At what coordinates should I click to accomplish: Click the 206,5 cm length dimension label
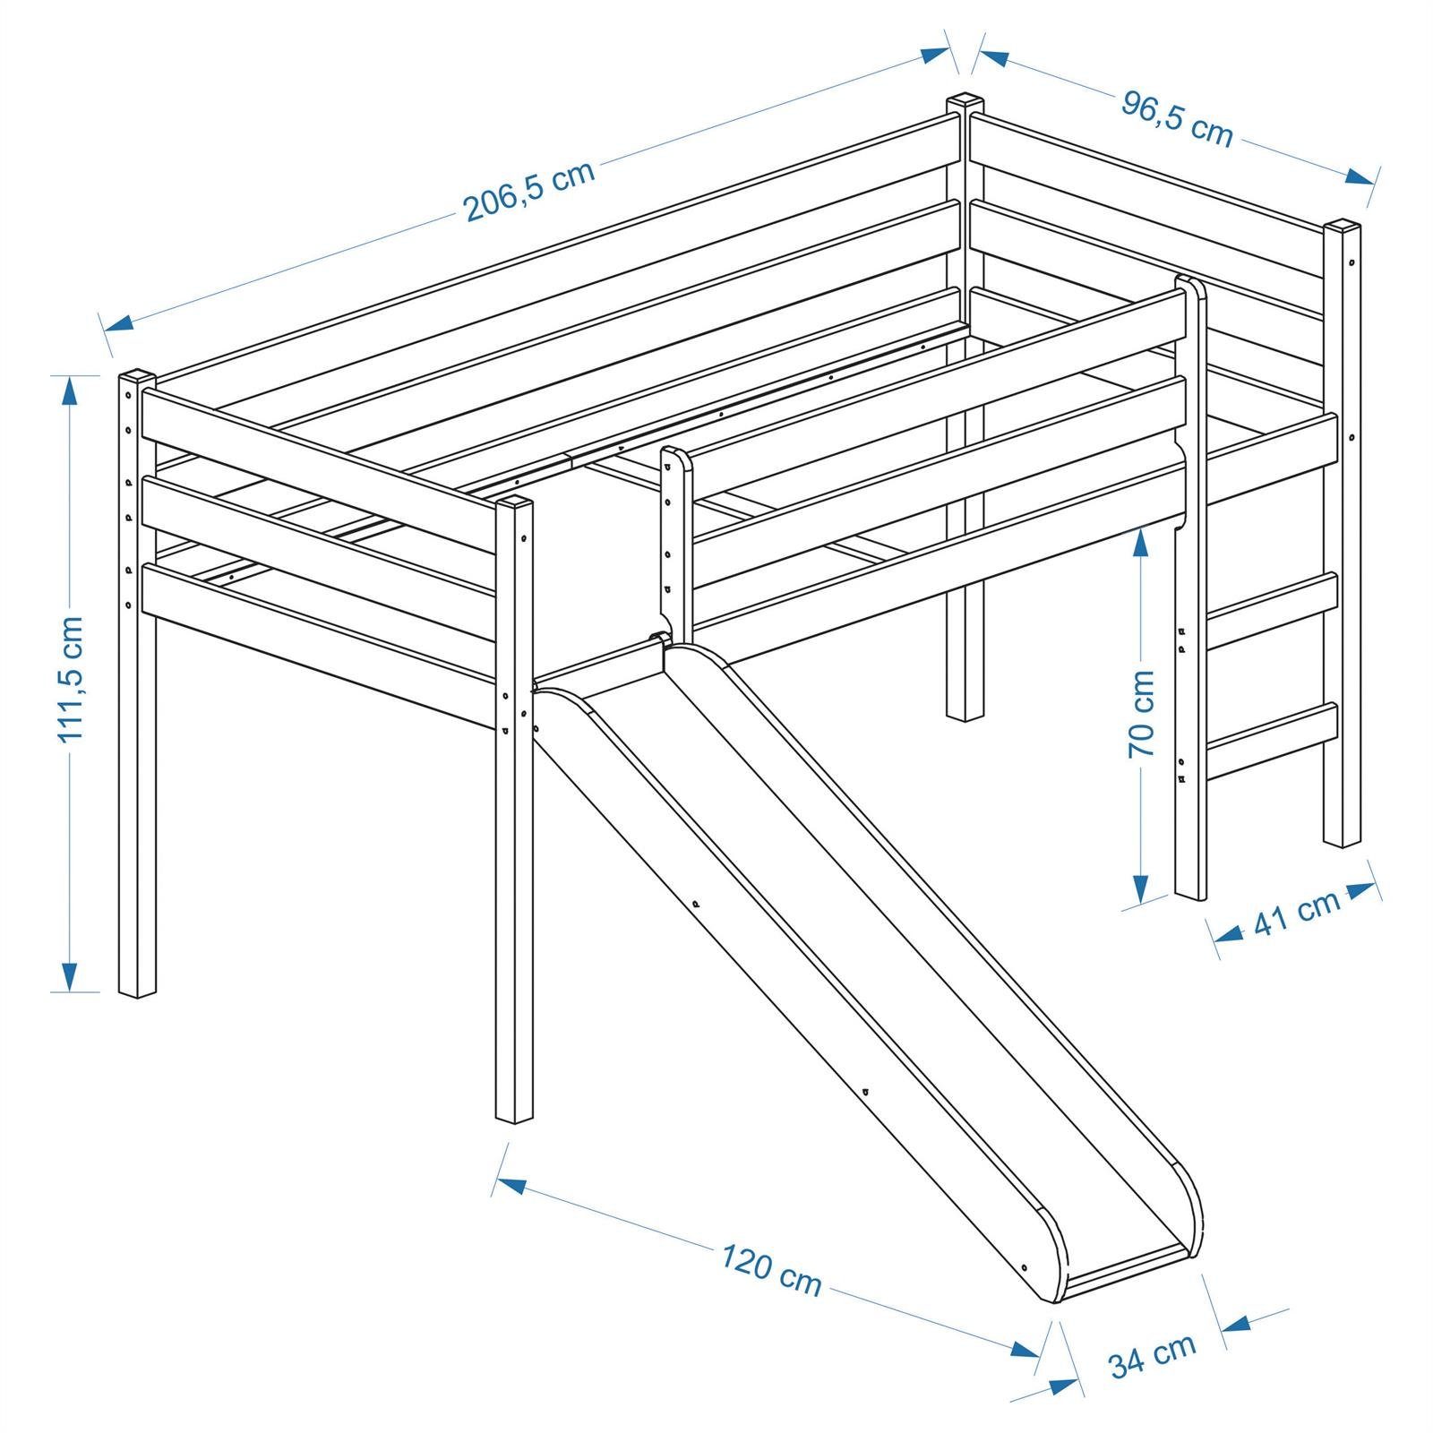point(529,192)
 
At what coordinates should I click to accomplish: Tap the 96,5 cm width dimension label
point(1177,119)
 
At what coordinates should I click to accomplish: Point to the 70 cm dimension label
point(1141,713)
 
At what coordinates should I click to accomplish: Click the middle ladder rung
point(1272,596)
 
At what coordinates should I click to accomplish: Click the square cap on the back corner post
point(965,100)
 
